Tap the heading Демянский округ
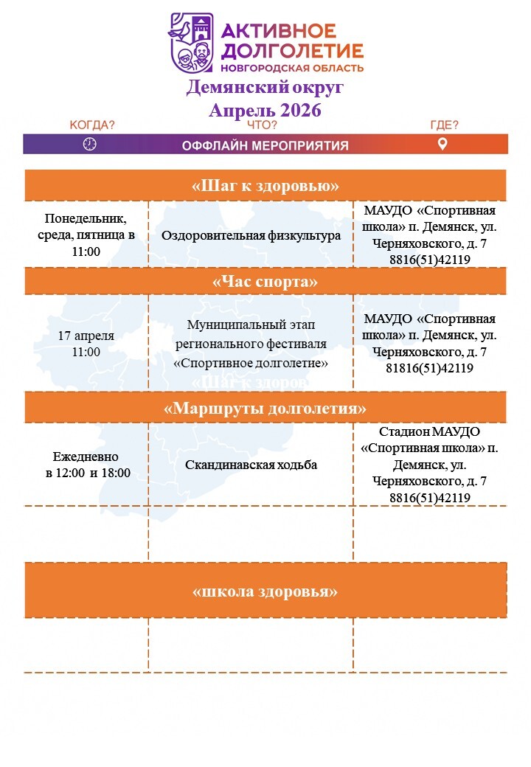(265, 88)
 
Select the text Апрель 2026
(265, 110)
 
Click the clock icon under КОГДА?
(90, 144)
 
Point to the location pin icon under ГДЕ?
(442, 144)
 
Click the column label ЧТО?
(262, 125)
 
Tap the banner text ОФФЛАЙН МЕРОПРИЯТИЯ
(265, 145)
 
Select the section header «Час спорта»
(265, 282)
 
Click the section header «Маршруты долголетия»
(265, 408)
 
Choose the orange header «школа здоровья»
(265, 591)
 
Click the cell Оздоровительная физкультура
(251, 236)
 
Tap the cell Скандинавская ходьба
(251, 465)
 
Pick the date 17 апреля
(86, 336)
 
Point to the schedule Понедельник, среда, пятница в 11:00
(86, 235)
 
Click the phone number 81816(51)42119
(430, 368)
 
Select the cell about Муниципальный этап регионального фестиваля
(251, 344)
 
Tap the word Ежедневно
(86, 457)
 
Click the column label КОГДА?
(92, 125)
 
